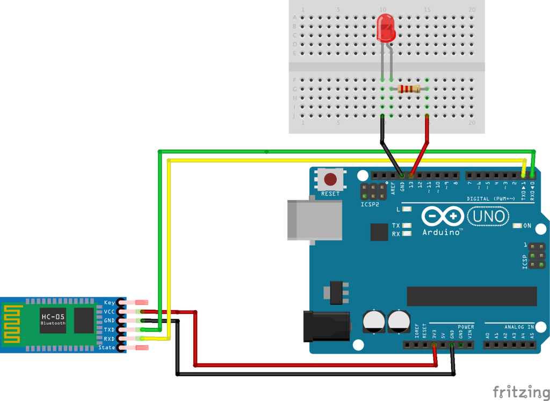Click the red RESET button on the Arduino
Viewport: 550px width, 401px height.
(330, 179)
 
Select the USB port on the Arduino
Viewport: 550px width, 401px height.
(315, 220)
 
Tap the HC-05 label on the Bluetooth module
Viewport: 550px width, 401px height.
(53, 317)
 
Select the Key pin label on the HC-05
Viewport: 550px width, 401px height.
(110, 303)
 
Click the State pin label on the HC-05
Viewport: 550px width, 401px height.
(107, 348)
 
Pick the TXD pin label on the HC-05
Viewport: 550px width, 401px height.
(109, 330)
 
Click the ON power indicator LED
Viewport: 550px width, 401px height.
(518, 226)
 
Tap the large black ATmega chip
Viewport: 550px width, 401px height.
(472, 296)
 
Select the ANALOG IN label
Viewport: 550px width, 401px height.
(519, 327)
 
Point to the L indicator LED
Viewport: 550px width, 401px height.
(407, 209)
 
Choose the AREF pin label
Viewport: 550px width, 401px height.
(393, 187)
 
